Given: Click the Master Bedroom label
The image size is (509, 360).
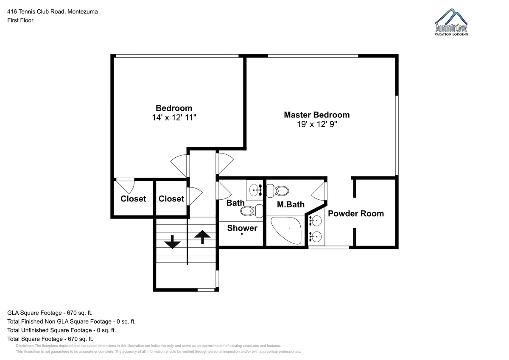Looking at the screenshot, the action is (x=317, y=115).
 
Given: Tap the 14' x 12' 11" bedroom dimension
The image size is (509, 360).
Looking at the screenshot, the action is (x=174, y=117).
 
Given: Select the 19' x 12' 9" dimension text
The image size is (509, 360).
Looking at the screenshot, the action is (x=317, y=125).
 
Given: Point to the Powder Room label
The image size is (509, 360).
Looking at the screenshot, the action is (x=356, y=214).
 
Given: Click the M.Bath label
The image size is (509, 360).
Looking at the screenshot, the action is (x=291, y=204).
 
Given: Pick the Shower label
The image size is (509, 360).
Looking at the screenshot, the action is (x=242, y=228).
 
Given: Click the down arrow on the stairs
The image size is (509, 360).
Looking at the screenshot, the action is (x=172, y=242).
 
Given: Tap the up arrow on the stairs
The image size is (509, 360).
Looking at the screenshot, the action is (x=202, y=237).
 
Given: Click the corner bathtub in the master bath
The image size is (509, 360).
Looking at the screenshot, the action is (x=286, y=230).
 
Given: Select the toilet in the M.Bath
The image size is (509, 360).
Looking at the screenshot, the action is (x=277, y=191).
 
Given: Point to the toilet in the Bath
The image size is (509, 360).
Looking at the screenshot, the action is (x=252, y=211).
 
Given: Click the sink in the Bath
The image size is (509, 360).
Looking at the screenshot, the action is (x=255, y=190).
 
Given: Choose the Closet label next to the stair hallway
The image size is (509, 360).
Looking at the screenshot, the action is (x=171, y=199).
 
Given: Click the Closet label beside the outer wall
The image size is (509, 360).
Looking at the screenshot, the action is (x=133, y=199).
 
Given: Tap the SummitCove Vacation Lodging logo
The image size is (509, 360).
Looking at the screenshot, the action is (x=451, y=22).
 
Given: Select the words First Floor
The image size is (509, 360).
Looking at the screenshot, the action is (x=20, y=20).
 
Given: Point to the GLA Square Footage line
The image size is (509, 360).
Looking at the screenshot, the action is (x=50, y=313).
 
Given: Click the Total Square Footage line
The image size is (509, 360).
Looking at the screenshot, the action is (x=50, y=339).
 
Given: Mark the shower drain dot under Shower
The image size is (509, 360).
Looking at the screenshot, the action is (x=242, y=234).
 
